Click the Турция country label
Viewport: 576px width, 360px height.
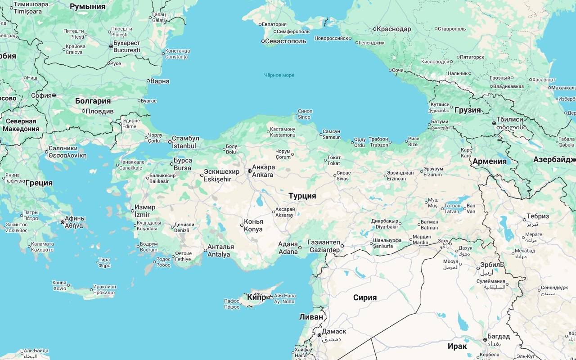coord(302,196)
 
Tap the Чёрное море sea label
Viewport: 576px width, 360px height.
coord(279,75)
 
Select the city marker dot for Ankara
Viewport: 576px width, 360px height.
coord(250,171)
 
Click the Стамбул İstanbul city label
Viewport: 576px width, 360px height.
coord(185,142)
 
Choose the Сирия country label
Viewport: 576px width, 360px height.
coord(364,297)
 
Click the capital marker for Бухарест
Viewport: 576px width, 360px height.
coord(111,46)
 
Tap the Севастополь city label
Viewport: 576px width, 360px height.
coord(286,41)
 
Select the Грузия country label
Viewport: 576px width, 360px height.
coord(468,110)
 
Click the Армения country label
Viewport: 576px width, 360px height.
coord(489,161)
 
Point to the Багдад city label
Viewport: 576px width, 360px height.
coord(499,337)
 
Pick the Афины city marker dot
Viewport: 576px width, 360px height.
coord(63,222)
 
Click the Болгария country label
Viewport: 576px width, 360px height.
coord(93,101)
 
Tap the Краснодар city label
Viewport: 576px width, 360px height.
coord(394,29)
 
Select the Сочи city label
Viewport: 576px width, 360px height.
coord(397,71)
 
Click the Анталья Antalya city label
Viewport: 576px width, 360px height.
coord(220,251)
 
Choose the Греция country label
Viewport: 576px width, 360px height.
coord(39,183)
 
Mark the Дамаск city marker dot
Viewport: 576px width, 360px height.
coord(319,335)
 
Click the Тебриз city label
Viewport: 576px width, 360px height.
coord(538,216)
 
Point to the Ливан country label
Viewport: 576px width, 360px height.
coord(311,317)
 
